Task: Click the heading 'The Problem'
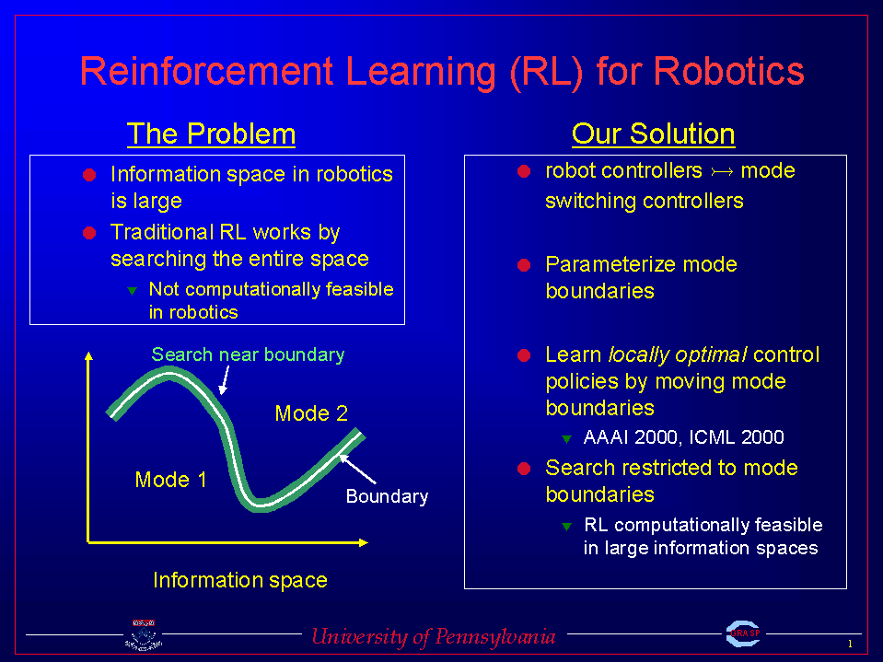click(211, 134)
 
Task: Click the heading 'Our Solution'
click(653, 134)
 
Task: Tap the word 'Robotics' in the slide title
click(728, 71)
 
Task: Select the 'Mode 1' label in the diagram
click(170, 480)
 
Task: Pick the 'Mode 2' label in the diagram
click(311, 413)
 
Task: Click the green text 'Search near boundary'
click(248, 354)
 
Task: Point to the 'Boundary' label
click(387, 496)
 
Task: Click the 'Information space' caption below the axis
click(240, 580)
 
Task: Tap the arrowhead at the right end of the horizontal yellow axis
click(363, 542)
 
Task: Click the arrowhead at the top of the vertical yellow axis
click(88, 355)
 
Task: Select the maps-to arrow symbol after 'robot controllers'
click(722, 171)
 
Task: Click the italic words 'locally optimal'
click(678, 354)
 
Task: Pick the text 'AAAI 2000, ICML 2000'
click(683, 437)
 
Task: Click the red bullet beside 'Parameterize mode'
click(524, 265)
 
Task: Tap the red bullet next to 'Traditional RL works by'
click(89, 233)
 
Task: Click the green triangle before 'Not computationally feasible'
click(132, 290)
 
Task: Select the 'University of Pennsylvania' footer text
click(434, 636)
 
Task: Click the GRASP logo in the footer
click(743, 633)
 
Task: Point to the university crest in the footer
click(144, 635)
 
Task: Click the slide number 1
click(851, 644)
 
